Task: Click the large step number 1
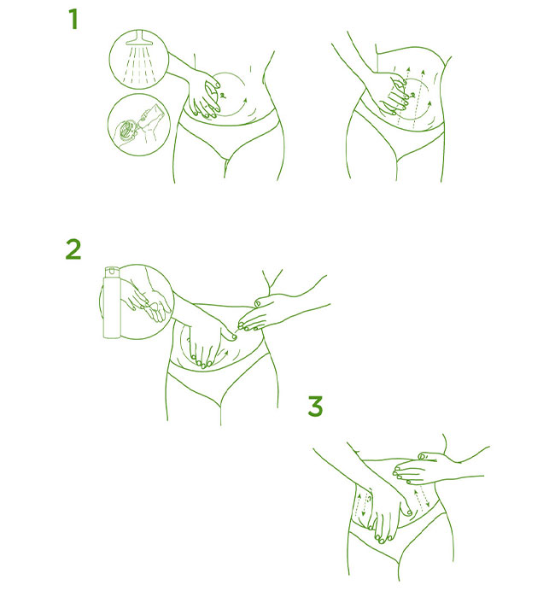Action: point(73,20)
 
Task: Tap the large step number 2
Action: point(73,249)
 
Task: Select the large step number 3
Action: point(315,406)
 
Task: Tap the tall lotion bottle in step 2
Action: point(112,302)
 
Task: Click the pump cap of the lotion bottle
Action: point(112,271)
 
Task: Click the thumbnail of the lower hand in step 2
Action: point(233,337)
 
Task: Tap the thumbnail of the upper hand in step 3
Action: point(422,456)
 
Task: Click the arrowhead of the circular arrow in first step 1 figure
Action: point(246,100)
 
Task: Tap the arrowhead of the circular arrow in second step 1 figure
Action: point(429,102)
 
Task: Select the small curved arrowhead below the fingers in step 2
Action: point(226,354)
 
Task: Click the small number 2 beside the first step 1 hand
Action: point(223,96)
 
